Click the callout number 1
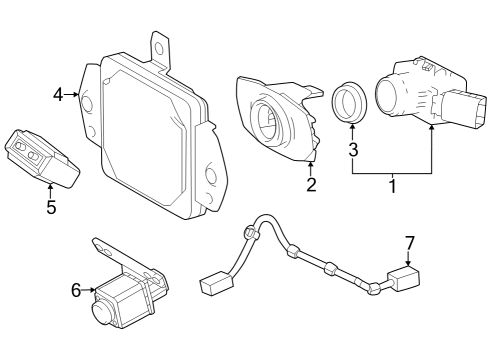coord(392,186)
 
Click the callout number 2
coord(311,184)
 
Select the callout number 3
coord(352,150)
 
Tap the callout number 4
coord(58,94)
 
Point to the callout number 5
coord(51,208)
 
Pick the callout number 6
coord(75,290)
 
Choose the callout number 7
coord(408,243)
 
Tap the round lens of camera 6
coord(101,311)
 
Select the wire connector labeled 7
coord(405,279)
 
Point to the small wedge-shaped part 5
coord(42,156)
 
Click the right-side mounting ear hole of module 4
coord(211,176)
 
